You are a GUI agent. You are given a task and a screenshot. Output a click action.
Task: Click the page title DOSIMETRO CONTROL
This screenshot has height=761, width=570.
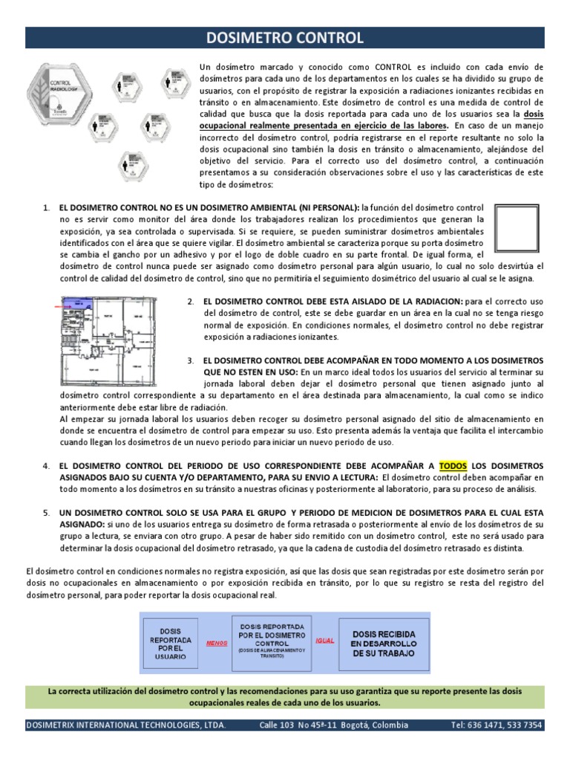click(x=285, y=38)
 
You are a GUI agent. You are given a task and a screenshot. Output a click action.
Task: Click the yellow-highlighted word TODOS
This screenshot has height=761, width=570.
click(x=453, y=466)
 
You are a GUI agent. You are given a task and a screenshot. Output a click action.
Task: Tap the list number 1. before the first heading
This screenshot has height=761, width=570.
click(x=46, y=207)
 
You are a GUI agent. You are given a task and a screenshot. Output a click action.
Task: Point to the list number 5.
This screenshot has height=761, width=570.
click(x=46, y=513)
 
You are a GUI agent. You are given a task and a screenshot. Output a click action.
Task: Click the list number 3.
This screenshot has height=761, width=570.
click(x=191, y=360)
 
